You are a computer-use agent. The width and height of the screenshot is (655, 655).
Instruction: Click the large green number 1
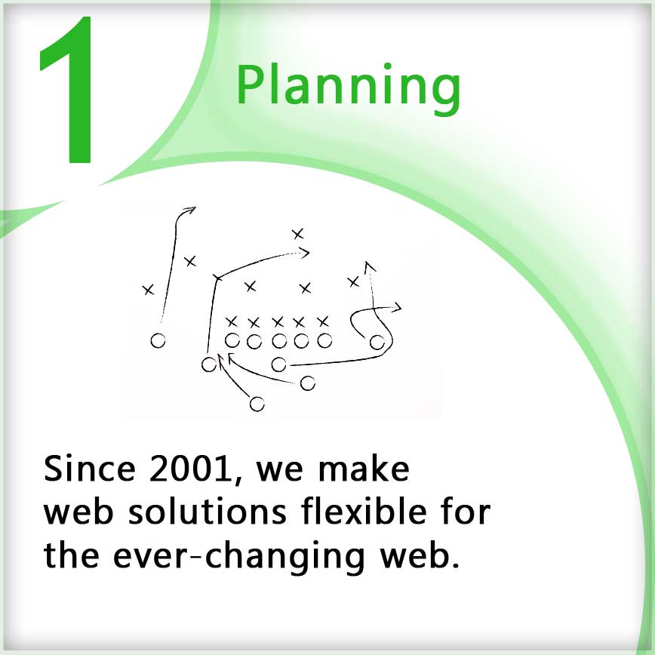(x=71, y=90)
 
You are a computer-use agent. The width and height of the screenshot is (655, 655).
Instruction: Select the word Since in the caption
(x=89, y=469)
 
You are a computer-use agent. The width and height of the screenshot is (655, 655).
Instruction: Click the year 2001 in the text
(x=190, y=469)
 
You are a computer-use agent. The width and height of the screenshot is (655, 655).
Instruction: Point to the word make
(x=364, y=469)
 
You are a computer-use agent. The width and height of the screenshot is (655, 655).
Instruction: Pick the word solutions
(x=208, y=512)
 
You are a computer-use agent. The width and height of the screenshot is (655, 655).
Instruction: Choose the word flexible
(x=364, y=512)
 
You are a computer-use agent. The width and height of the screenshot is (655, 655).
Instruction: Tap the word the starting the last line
(x=72, y=555)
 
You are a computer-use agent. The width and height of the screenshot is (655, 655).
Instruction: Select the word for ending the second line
(x=466, y=512)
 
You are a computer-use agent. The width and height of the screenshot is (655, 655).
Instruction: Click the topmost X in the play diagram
(x=298, y=234)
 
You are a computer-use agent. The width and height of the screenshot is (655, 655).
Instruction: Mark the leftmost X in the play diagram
(x=149, y=290)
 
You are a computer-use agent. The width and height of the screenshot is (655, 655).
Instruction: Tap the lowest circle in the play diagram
(x=257, y=404)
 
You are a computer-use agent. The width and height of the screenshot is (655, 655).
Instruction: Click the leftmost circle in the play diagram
(x=158, y=340)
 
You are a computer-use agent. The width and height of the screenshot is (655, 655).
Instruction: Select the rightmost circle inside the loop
(x=377, y=342)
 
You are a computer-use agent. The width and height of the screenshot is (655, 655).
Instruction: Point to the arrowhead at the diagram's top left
(x=190, y=210)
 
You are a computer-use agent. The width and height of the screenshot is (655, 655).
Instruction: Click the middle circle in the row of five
(x=279, y=341)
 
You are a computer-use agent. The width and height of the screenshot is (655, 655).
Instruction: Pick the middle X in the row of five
(x=278, y=322)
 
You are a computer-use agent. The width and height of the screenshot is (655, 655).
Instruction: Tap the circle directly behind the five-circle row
(x=279, y=364)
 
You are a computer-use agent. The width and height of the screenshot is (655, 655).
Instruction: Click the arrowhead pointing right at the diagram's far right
(x=395, y=308)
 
